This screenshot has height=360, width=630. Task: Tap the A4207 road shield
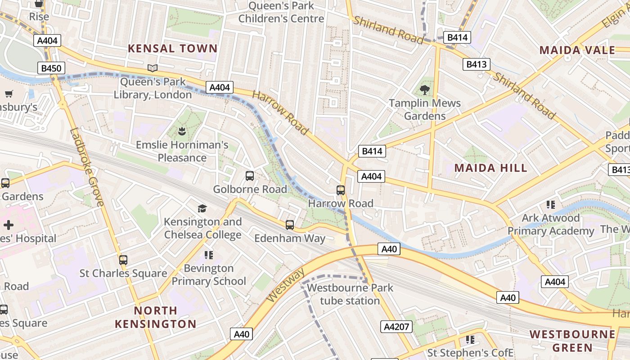(x=397, y=326)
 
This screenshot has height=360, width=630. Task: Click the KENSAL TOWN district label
(x=173, y=49)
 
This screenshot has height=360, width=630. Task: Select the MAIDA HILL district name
(x=490, y=168)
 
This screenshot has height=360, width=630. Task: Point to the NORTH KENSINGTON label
(x=156, y=317)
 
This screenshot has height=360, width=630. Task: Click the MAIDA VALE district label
(x=577, y=50)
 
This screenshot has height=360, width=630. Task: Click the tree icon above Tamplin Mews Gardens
(x=424, y=90)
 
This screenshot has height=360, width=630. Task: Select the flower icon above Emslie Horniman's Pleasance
(x=182, y=132)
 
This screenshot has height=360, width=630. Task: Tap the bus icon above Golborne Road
(x=250, y=176)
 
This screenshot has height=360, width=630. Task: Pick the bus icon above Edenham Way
(x=290, y=225)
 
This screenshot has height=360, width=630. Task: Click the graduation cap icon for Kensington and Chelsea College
(x=202, y=208)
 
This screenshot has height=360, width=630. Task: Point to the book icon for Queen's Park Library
(x=153, y=68)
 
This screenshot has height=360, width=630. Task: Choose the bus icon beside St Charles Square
(x=123, y=260)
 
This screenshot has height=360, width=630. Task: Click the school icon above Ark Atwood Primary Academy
(x=550, y=205)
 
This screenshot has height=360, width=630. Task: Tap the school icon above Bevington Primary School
(x=208, y=255)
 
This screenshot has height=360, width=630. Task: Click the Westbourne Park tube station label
(x=350, y=294)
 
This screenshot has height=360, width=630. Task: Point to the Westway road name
(x=286, y=285)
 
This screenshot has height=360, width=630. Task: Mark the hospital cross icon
(x=8, y=225)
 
